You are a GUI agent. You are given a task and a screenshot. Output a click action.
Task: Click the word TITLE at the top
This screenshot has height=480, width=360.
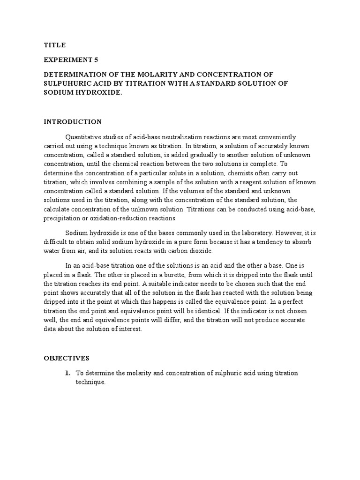point(55,45)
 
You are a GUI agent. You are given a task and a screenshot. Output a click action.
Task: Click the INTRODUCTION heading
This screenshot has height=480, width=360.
point(73,122)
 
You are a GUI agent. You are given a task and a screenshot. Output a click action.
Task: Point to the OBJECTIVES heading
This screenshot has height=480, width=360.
point(67,358)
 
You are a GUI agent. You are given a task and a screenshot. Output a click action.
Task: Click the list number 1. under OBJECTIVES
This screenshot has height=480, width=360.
point(67,373)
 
